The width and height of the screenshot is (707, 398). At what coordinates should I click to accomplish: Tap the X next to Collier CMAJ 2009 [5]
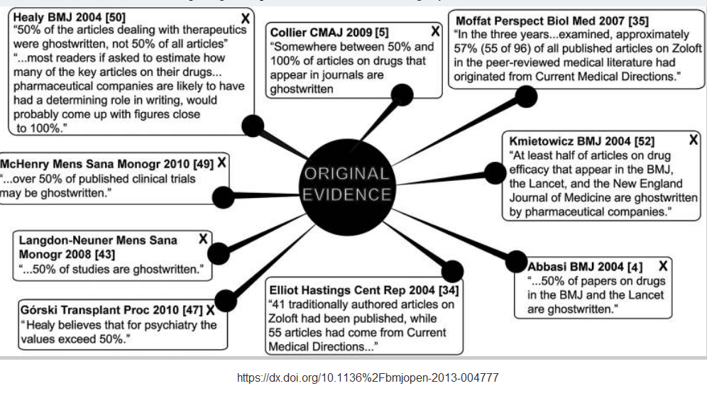(435, 31)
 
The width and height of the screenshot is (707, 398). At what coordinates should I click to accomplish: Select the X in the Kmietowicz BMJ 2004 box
(693, 140)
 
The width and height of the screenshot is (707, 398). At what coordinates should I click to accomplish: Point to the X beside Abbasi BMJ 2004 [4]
(663, 266)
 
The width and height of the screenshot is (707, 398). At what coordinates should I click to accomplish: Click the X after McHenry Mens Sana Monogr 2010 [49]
(222, 162)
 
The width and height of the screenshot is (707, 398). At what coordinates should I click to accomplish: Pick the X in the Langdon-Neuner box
(203, 239)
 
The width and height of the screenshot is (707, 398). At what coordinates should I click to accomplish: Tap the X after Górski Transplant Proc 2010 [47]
(210, 310)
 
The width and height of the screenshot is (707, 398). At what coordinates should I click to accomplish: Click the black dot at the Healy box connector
(253, 126)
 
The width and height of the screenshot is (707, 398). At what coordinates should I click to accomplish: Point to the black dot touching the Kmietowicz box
(494, 172)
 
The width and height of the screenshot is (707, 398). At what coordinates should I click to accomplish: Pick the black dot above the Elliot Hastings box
(451, 271)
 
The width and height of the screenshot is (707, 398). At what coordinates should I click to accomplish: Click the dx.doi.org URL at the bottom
(368, 377)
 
